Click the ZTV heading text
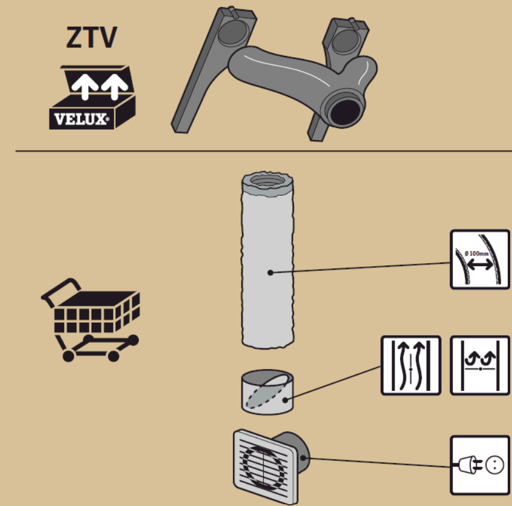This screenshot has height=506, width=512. click(91, 39)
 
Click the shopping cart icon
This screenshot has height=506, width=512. click(89, 318)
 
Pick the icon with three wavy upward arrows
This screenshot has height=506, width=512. click(411, 365)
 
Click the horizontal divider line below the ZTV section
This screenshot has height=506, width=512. click(256, 151)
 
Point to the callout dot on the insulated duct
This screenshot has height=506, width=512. click(271, 273)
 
